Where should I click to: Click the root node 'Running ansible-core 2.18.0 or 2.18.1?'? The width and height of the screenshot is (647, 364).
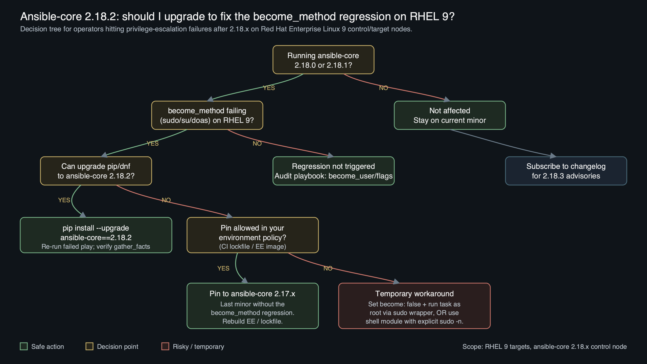(x=323, y=60)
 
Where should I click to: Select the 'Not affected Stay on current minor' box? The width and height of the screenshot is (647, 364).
(x=450, y=116)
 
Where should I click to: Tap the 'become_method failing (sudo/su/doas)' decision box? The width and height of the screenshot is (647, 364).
(x=207, y=116)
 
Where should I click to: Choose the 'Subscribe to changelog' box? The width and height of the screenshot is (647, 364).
(x=566, y=171)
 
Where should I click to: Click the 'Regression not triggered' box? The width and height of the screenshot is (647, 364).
(x=333, y=171)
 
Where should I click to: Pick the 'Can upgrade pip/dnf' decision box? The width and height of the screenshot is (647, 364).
(x=96, y=171)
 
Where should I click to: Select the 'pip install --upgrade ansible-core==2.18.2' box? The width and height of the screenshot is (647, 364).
(x=96, y=235)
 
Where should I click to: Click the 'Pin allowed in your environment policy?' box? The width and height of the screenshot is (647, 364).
(x=252, y=235)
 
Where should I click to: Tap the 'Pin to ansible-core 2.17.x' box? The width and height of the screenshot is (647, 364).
(x=252, y=306)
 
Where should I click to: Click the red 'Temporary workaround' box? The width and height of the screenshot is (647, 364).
(x=414, y=306)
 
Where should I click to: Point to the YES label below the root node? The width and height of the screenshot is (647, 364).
(x=269, y=88)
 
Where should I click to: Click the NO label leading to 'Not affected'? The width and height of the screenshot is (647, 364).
(x=383, y=88)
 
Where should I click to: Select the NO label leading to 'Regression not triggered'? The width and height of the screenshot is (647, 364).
(x=257, y=144)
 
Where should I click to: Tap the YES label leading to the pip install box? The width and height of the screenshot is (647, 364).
(x=64, y=200)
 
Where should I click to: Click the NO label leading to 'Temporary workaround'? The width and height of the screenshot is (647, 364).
(x=328, y=268)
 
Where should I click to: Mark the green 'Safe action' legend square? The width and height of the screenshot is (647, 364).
(x=24, y=346)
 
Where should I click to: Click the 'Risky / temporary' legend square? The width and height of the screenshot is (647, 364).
(x=165, y=346)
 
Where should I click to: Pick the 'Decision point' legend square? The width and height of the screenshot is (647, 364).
(x=89, y=346)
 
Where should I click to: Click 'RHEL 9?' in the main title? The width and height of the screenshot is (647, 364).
(x=432, y=17)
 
